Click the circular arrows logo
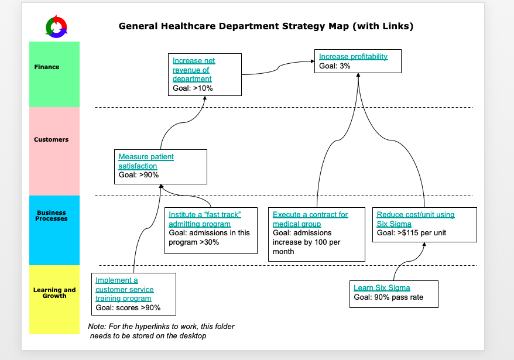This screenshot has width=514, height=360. coord(56,26)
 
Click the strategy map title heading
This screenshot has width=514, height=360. coord(266,26)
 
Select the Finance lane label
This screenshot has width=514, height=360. coord(47,67)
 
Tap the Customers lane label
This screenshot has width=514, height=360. coord(51,139)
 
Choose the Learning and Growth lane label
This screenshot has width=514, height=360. coord(54,293)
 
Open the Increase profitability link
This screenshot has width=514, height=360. coord(353,57)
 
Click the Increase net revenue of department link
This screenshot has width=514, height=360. coord(194,70)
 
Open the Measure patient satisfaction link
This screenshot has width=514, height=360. coord(146,161)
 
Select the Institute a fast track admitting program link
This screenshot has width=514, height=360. coord(204,219)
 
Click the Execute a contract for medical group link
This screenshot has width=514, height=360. coord(310,219)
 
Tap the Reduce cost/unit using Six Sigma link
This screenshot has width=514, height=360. coord(415,219)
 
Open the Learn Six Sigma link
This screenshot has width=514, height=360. coord(382,287)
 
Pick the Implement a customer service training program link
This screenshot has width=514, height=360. coord(124,289)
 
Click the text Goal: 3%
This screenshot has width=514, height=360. coord(335,66)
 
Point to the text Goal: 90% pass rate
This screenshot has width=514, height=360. coord(388,297)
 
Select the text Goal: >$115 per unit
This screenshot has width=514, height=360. coord(411,232)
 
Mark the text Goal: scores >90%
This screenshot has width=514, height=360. coord(128,307)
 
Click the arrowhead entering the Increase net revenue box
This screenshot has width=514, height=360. coord(205,98)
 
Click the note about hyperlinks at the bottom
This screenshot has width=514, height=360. coord(161,331)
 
